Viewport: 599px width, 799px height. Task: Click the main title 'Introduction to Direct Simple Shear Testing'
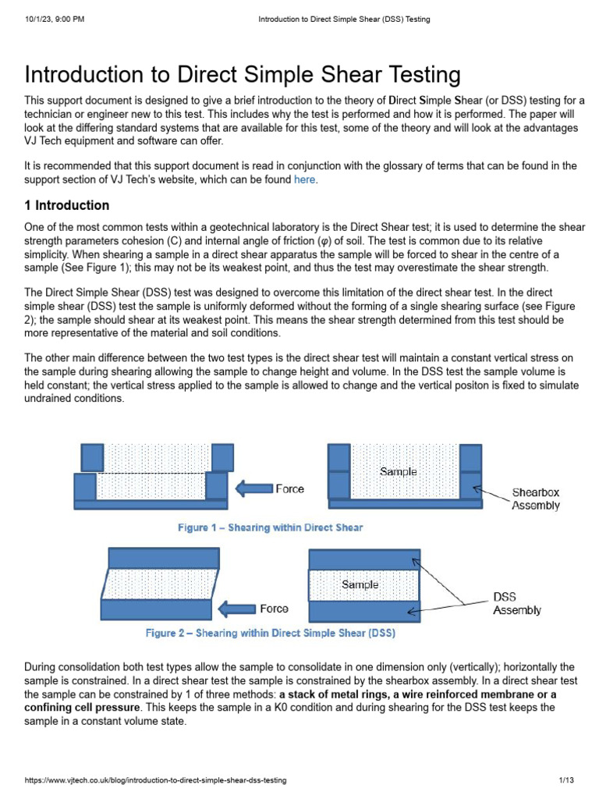click(x=243, y=75)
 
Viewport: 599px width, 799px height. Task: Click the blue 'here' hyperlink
click(x=305, y=180)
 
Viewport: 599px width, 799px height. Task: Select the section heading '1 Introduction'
click(x=67, y=206)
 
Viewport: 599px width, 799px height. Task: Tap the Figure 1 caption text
click(x=270, y=528)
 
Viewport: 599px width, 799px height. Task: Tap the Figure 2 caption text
click(x=270, y=633)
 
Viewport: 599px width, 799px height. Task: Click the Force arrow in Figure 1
click(x=253, y=489)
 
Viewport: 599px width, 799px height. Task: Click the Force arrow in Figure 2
click(x=236, y=609)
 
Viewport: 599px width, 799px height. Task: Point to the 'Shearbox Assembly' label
click(x=535, y=499)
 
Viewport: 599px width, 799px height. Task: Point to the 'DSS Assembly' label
click(x=516, y=603)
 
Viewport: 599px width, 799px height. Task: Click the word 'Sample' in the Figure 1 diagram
click(x=398, y=471)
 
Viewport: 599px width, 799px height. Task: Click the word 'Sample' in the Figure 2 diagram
click(x=360, y=584)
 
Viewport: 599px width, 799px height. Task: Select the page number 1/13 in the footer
click(x=566, y=780)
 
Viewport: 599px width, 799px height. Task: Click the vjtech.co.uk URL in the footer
click(x=156, y=780)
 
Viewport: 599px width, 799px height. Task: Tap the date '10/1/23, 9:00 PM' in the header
click(x=55, y=19)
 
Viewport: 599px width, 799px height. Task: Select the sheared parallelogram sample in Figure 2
click(x=156, y=584)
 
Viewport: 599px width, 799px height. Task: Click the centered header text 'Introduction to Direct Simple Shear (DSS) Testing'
click(x=344, y=19)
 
